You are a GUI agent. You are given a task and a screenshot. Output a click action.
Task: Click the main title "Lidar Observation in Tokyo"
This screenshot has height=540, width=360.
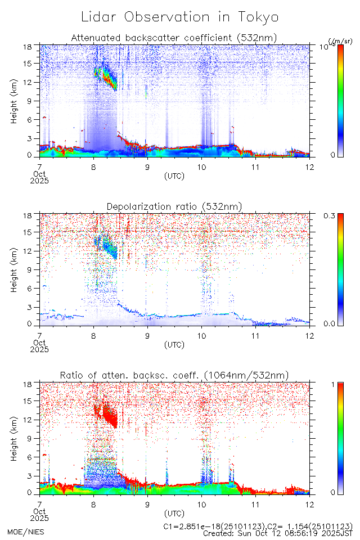(x=179, y=17)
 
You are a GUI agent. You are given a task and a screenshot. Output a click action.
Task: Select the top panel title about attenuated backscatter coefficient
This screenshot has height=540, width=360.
(x=174, y=38)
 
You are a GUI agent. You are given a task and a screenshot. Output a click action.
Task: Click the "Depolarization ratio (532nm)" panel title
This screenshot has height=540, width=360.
(x=174, y=206)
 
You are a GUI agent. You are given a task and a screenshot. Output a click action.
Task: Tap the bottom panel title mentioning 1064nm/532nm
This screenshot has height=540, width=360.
(x=174, y=375)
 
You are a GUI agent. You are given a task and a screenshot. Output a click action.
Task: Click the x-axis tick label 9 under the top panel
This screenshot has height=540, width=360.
(x=147, y=166)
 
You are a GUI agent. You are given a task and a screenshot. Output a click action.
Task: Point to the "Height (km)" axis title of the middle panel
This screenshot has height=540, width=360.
(x=14, y=269)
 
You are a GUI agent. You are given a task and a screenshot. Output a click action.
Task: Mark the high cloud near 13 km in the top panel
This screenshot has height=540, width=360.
(x=105, y=78)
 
